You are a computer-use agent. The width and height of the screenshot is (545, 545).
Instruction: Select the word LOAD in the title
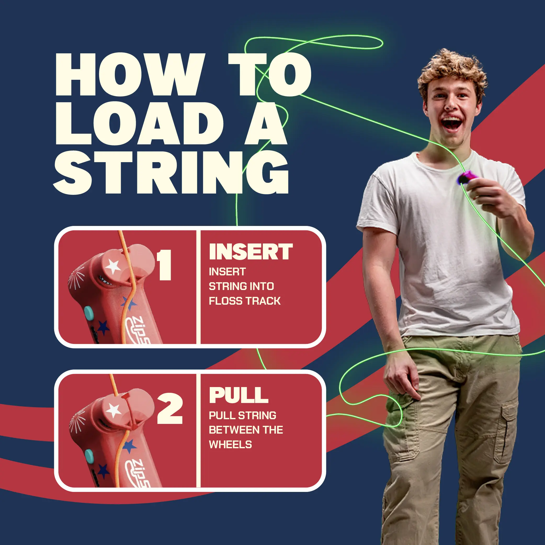[140, 123]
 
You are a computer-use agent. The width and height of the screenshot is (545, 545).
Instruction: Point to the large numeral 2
[170, 408]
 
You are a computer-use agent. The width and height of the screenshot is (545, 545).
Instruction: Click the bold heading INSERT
[251, 252]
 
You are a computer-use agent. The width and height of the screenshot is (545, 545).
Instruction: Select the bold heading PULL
[239, 395]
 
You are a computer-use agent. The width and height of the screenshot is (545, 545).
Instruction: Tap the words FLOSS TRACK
[245, 301]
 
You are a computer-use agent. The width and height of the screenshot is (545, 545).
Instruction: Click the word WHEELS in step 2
[230, 445]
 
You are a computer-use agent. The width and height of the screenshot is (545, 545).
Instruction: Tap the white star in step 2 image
[114, 410]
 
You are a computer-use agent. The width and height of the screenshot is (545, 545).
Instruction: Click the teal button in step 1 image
[89, 312]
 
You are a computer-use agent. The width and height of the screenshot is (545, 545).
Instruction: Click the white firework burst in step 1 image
[76, 277]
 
